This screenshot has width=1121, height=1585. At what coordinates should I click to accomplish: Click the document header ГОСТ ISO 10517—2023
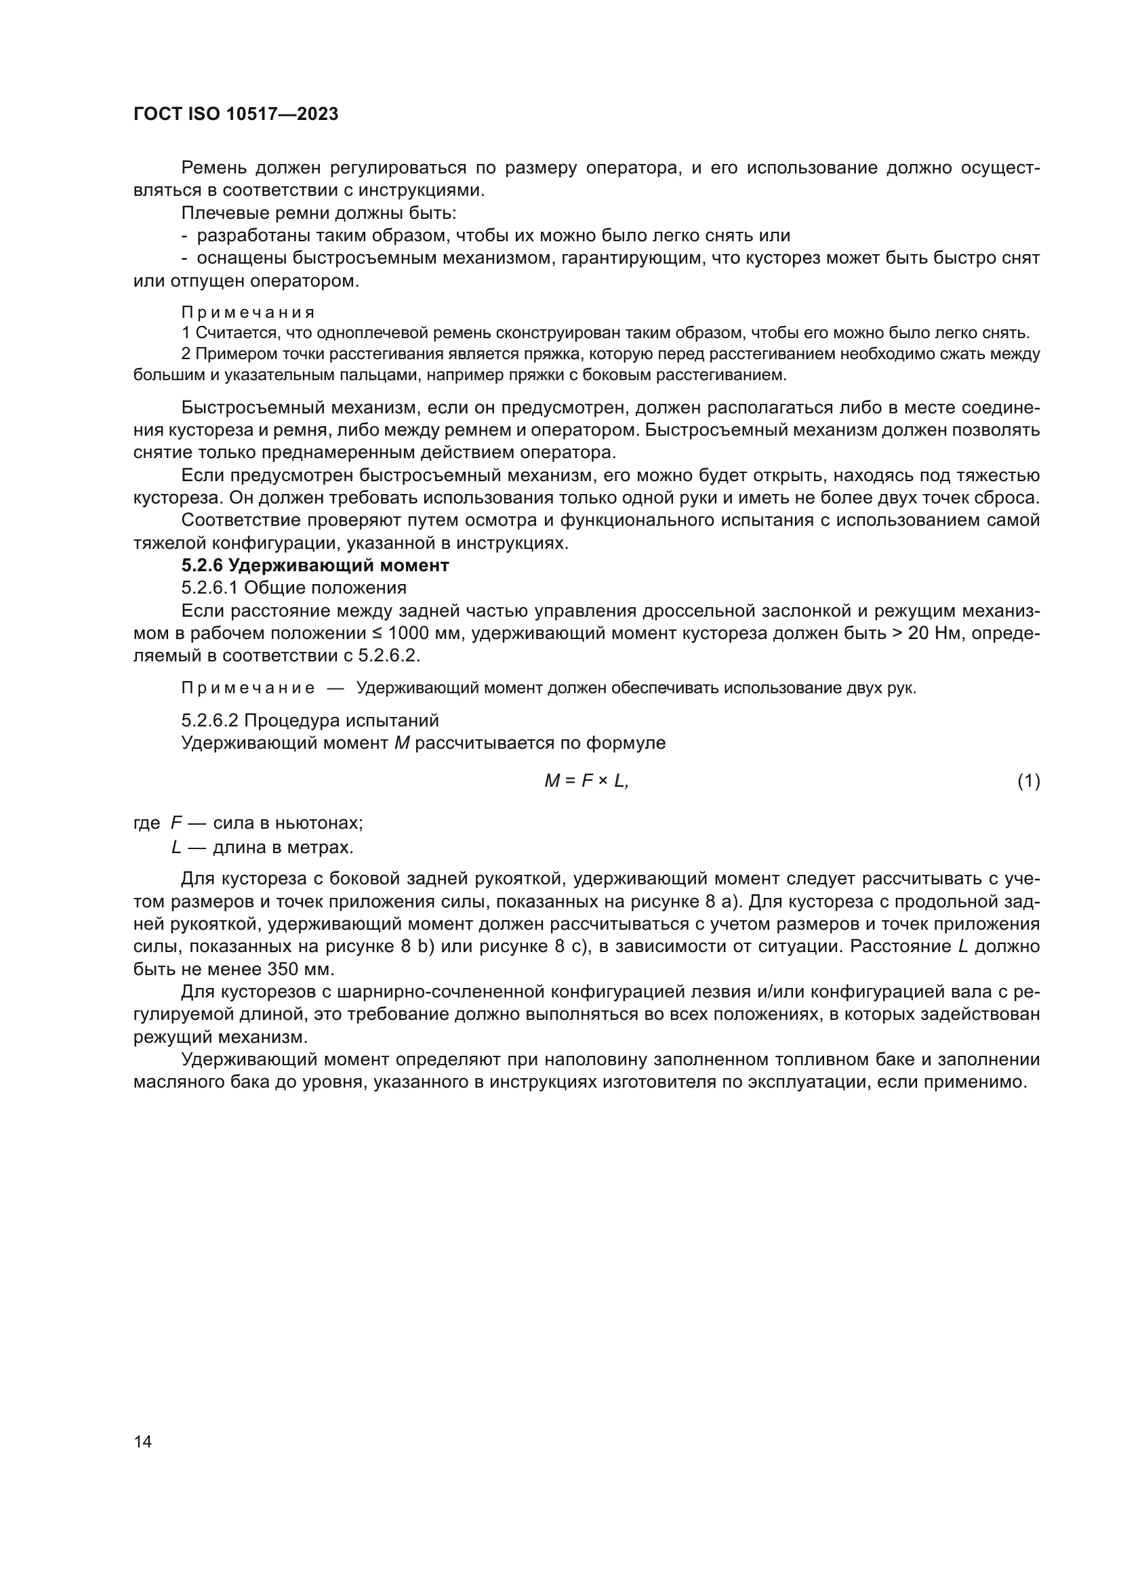(236, 115)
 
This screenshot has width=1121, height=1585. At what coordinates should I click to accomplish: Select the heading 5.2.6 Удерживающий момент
(314, 565)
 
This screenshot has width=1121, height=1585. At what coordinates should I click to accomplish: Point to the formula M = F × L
(586, 781)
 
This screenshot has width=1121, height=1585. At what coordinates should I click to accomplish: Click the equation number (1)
(1028, 781)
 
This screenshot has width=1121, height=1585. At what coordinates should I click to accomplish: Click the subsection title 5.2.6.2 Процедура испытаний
(310, 721)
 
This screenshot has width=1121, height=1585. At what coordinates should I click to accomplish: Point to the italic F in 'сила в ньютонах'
(176, 823)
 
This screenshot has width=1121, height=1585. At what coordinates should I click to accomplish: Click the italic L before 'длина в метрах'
(176, 846)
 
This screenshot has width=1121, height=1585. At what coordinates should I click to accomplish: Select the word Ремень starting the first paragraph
(214, 168)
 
